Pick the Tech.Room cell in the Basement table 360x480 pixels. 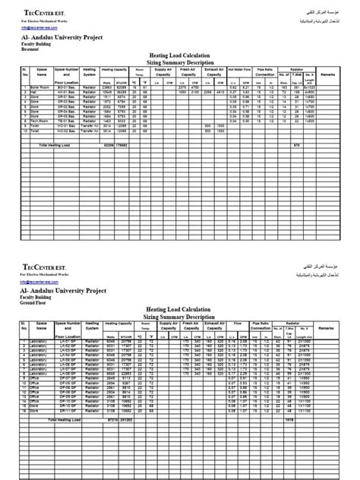click(x=40, y=121)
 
